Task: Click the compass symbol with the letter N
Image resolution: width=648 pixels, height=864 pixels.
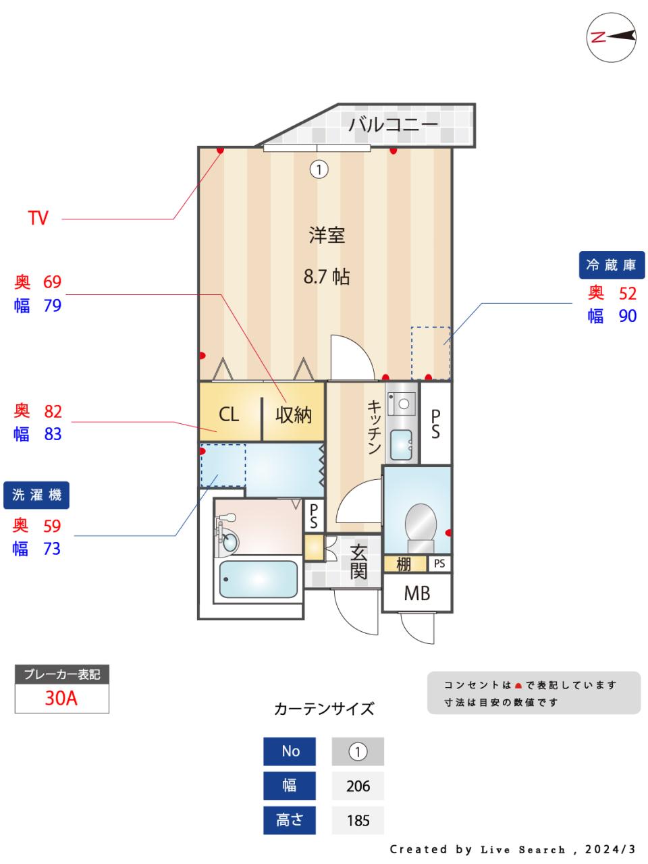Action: [x=612, y=38]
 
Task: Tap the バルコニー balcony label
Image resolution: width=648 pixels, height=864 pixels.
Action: [x=393, y=124]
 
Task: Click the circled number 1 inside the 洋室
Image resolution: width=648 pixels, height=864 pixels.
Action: [x=319, y=169]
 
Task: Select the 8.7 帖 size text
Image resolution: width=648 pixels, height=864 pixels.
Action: [x=326, y=276]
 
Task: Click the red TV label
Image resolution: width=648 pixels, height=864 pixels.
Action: [x=38, y=218]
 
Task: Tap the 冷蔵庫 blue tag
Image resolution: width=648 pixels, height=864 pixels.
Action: [x=612, y=265]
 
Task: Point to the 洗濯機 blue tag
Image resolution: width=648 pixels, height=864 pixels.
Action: [x=37, y=495]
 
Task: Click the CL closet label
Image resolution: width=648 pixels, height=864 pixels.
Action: [x=229, y=414]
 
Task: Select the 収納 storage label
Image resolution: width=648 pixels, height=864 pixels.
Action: [x=294, y=414]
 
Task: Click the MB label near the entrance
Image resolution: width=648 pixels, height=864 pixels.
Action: [x=416, y=593]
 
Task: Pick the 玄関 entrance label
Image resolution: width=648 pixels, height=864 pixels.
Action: [x=358, y=562]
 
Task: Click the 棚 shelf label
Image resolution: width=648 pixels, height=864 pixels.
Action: [x=404, y=563]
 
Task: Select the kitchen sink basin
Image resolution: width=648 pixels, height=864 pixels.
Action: [x=402, y=445]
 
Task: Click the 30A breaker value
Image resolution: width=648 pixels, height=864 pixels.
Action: [x=61, y=698]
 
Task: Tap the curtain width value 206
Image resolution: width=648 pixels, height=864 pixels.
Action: [x=358, y=786]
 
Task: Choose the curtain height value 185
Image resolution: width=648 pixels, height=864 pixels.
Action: [x=358, y=820]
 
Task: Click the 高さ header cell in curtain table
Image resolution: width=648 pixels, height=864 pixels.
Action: [x=290, y=820]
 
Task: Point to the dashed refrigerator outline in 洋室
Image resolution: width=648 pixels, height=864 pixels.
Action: [x=431, y=352]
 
